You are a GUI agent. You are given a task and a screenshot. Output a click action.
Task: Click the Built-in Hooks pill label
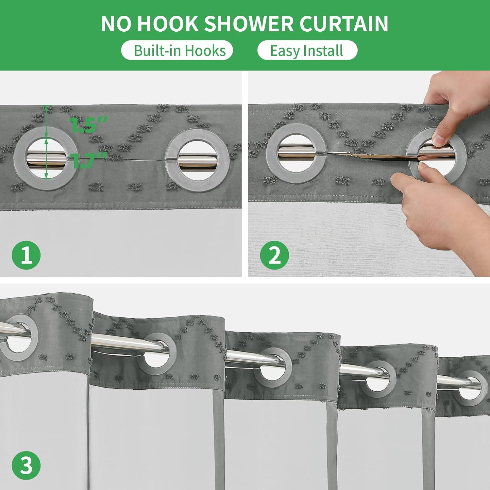point(177,51)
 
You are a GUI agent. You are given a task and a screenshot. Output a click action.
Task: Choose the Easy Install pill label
point(307,51)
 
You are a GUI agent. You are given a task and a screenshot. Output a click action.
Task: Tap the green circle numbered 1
point(26,255)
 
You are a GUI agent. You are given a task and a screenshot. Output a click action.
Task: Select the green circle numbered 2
point(275,255)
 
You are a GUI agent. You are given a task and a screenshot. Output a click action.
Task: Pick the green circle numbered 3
point(26,465)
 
